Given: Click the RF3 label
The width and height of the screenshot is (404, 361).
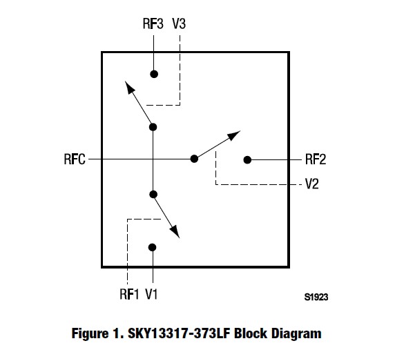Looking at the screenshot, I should pos(152,25).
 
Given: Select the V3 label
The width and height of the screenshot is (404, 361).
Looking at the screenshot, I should pos(179,25).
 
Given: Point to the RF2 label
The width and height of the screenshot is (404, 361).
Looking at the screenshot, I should pos(316,159).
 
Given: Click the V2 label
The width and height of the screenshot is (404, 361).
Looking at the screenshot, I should pos(313,185).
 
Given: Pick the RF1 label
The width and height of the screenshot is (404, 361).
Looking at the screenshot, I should pos(128,295).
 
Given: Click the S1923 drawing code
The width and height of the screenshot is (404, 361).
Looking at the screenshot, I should pos(316,297).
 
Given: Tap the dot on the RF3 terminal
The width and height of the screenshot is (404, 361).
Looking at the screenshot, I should pos(154,74).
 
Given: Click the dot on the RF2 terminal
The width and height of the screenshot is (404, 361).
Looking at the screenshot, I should pos(247,159).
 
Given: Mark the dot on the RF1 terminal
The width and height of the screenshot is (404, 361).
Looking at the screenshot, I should pos(153,247).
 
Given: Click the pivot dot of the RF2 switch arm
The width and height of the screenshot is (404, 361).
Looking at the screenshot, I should pos(194,159).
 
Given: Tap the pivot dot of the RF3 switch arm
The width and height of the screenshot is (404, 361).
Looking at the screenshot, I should pos(153,126).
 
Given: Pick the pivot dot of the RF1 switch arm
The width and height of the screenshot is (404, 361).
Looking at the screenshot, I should pos(153,195).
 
